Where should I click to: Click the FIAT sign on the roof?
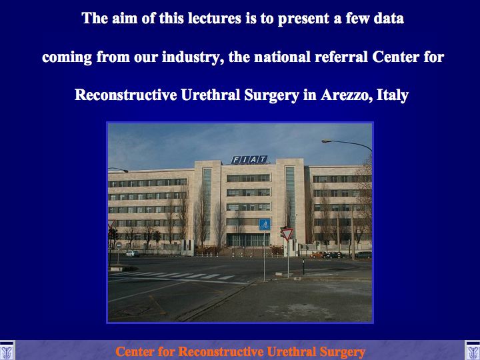(249, 159)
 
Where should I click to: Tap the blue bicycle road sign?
(265, 225)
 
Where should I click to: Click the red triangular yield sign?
(287, 233)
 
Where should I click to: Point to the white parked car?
(132, 253)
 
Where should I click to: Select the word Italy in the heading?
(393, 95)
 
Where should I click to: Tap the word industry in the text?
(191, 57)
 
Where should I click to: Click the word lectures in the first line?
(214, 19)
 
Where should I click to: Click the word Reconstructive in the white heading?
(125, 95)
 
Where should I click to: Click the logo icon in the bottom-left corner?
(7, 351)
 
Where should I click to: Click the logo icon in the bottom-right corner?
(473, 351)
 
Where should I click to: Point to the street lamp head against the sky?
(326, 141)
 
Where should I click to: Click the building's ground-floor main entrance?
(248, 240)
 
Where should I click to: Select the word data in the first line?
(389, 19)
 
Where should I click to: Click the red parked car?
(319, 255)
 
